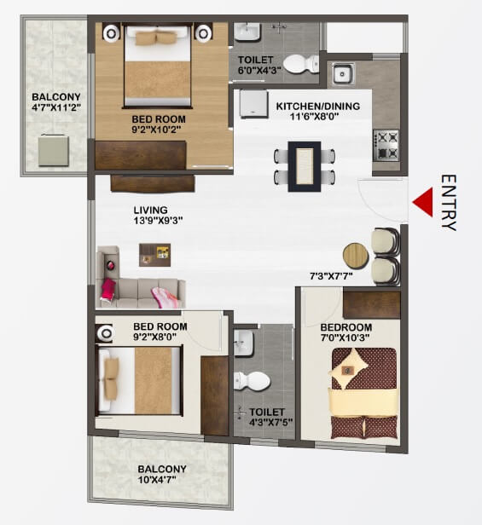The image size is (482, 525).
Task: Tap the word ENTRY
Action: pyautogui.click(x=449, y=203)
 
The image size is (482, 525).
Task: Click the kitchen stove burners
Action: pyautogui.click(x=386, y=145)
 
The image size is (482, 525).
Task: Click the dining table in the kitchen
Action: pyautogui.click(x=304, y=165)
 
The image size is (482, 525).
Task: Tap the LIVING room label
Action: pyautogui.click(x=150, y=210)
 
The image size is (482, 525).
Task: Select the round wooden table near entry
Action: pyautogui.click(x=355, y=255)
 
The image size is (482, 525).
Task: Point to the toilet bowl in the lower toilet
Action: pyautogui.click(x=254, y=380)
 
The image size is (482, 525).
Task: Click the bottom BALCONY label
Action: pyautogui.click(x=162, y=470)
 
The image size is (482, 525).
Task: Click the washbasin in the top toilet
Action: pyautogui.click(x=247, y=32)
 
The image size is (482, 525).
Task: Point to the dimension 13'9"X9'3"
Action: pyautogui.click(x=159, y=221)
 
